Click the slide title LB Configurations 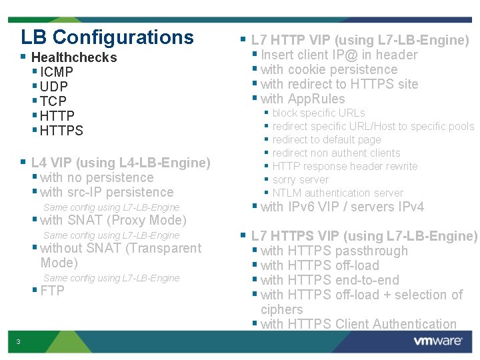click(107, 37)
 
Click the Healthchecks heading click(73, 57)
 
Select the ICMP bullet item click(57, 72)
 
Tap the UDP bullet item click(54, 87)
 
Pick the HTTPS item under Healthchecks click(61, 131)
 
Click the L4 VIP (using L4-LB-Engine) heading click(121, 163)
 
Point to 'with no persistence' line click(97, 177)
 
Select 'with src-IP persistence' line click(107, 192)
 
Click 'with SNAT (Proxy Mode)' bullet click(113, 220)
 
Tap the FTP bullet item click(52, 291)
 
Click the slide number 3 click(19, 342)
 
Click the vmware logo click(438, 341)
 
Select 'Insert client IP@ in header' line click(339, 55)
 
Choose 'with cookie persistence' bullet click(329, 69)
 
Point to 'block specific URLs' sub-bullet click(319, 113)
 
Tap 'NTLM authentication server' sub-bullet click(337, 193)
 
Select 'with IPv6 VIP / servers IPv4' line click(342, 207)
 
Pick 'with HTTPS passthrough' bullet click(334, 251)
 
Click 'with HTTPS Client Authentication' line click(359, 324)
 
